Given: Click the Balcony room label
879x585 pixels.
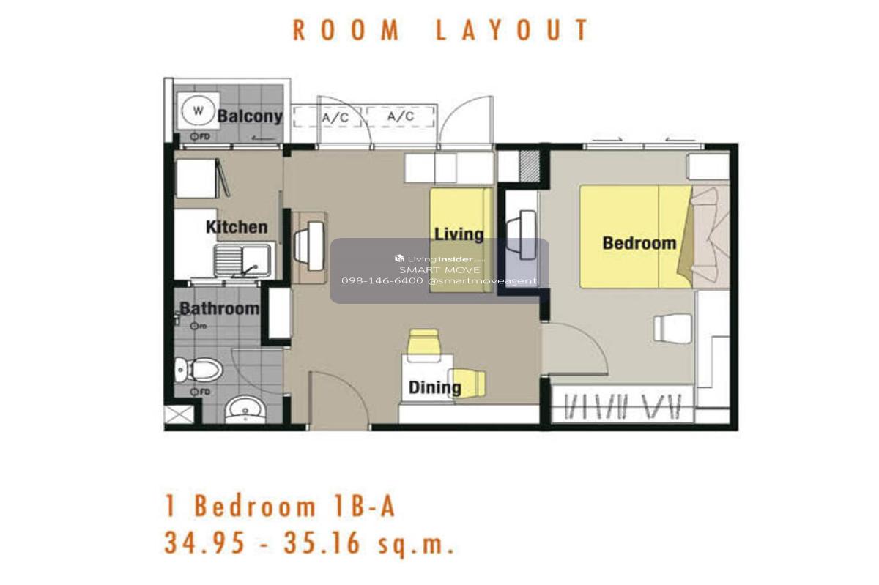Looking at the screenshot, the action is coord(250,116).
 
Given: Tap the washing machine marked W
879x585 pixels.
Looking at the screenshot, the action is coord(199,111).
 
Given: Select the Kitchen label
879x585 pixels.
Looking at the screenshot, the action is coord(237,227).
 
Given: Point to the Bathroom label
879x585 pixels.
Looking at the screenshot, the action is coord(219,308).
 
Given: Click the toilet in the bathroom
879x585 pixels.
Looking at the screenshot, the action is coord(199,369).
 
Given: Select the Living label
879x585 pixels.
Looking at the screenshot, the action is coord(459,234).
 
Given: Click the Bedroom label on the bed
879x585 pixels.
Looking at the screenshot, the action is coord(639,243).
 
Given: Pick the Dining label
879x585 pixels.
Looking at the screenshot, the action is coord(435,387).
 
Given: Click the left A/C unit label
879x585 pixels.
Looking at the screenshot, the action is coord(335,117).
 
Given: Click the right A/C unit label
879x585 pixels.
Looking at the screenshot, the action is coord(400,116).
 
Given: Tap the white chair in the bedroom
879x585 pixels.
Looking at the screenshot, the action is coord(672,329).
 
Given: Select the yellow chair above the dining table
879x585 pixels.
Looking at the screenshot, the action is coord(423,345).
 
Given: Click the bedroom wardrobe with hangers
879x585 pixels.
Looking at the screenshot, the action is coord(623,404).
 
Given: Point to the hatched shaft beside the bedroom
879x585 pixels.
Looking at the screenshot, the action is coord(530,165).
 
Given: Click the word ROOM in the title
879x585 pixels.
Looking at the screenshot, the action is coord(346,30).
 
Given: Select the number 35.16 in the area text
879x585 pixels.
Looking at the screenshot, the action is coord(321,543).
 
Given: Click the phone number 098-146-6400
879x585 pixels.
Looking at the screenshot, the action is coord(382,281).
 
